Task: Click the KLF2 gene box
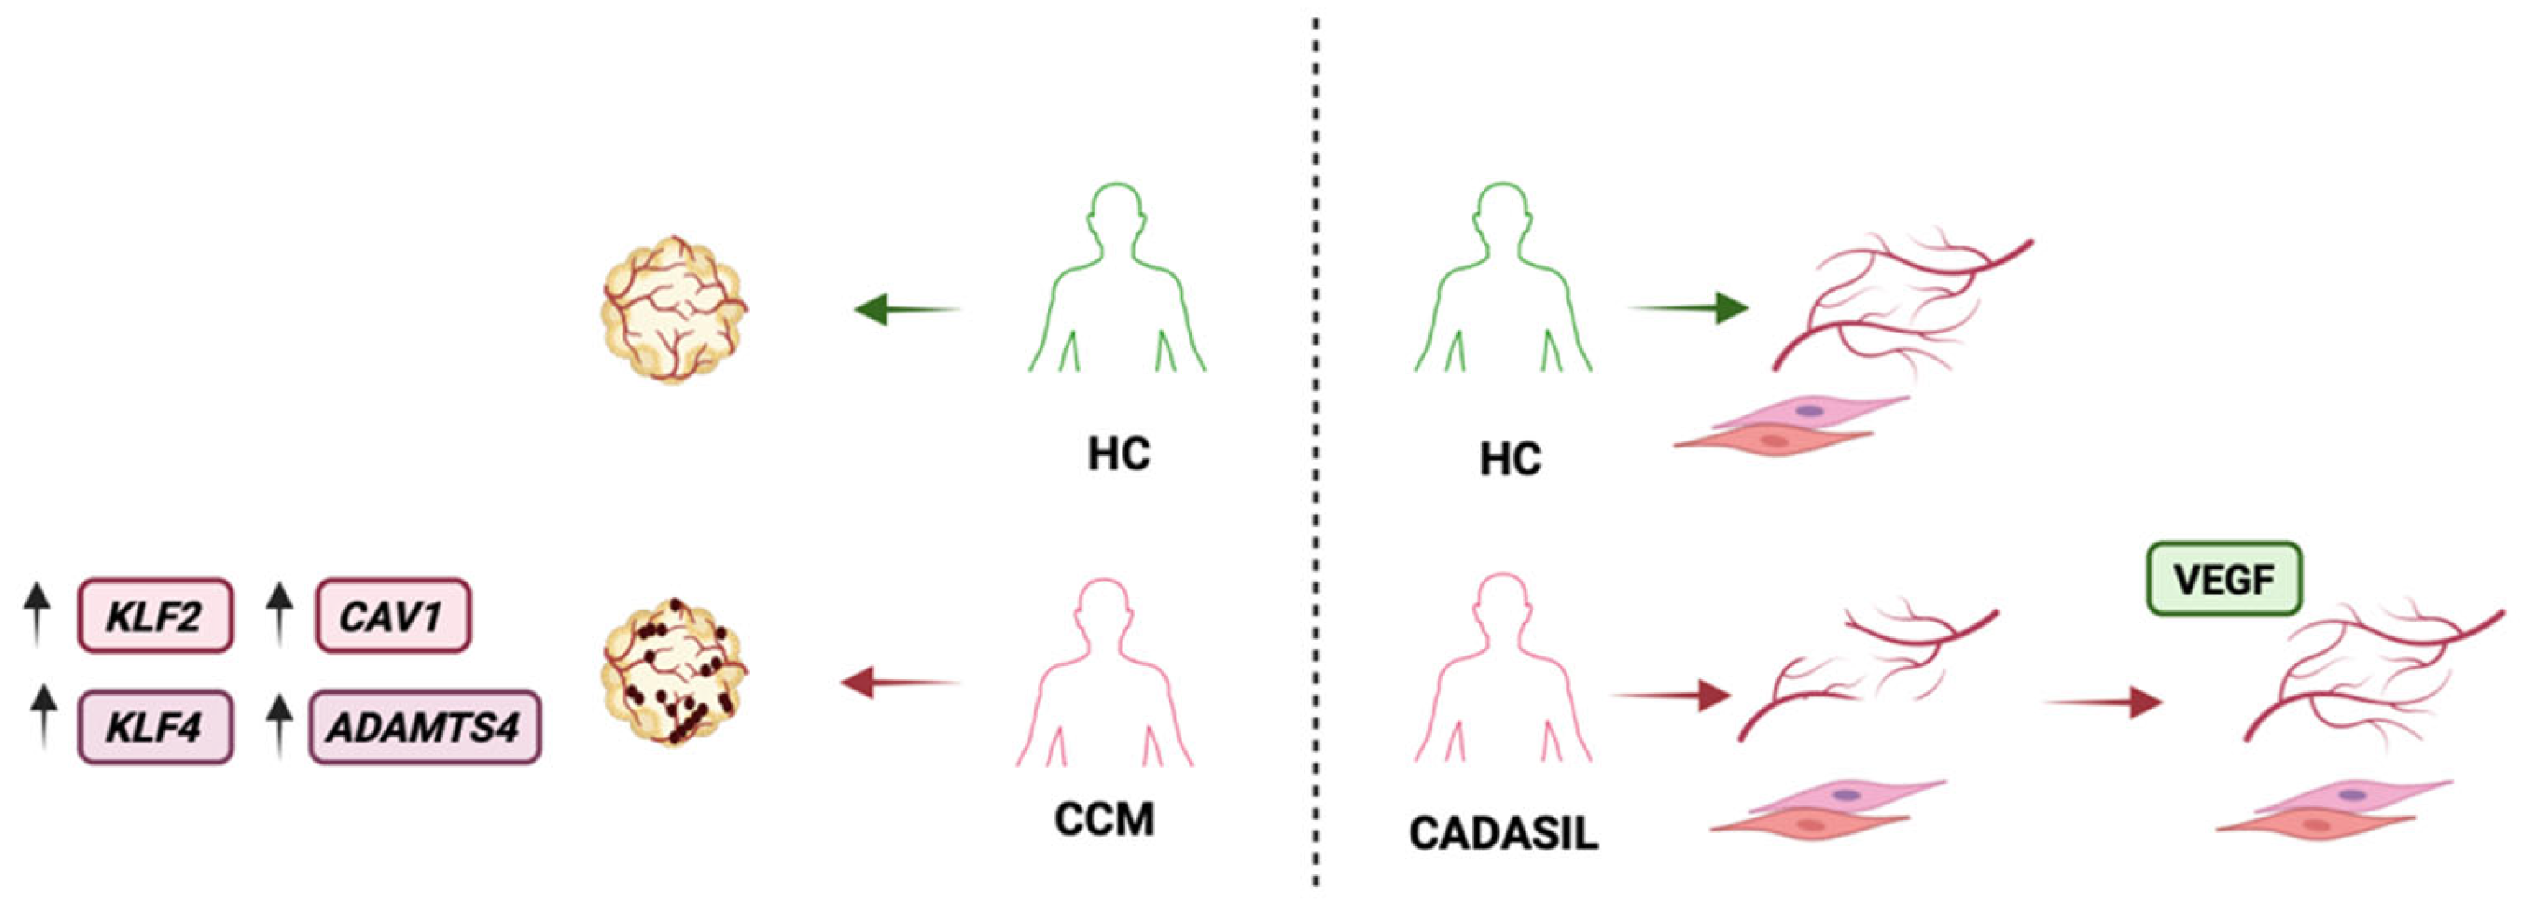click(155, 616)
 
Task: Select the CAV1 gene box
click(394, 616)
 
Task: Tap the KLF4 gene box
click(155, 727)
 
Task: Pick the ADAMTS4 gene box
click(425, 727)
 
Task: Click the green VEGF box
click(2224, 580)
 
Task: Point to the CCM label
click(1103, 818)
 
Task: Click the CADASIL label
click(1503, 833)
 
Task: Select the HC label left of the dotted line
click(1119, 454)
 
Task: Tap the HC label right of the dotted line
click(1511, 459)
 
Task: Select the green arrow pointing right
click(1689, 307)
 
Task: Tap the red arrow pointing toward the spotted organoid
click(899, 682)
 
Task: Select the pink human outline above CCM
click(1104, 678)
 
